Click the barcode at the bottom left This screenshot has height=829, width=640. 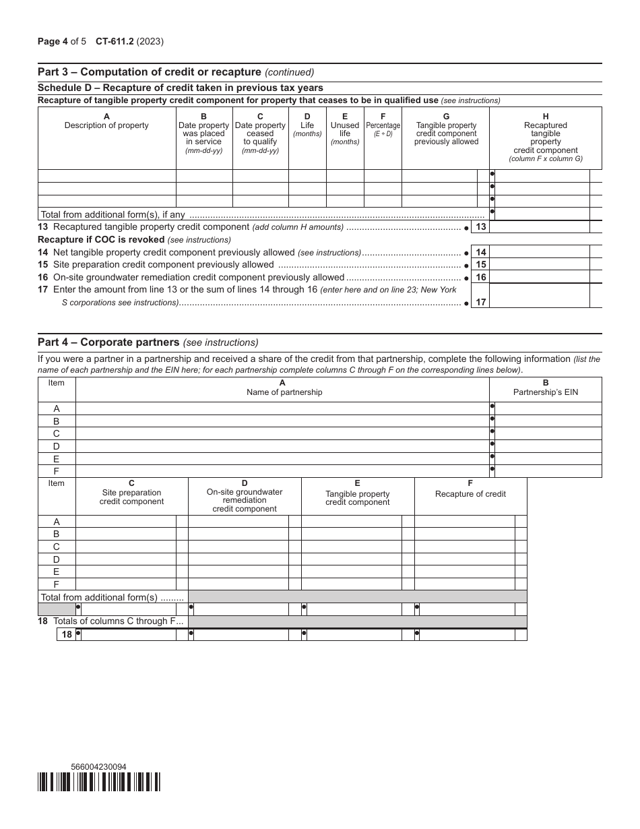point(99,782)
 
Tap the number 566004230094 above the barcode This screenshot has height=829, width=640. point(98,767)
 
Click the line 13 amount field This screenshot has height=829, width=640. point(539,227)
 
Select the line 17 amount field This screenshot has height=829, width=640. point(539,296)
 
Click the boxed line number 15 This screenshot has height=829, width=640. point(480,265)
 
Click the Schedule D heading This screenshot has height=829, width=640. point(180,88)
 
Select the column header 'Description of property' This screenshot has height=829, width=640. point(106,125)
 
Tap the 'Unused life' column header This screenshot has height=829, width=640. point(345,129)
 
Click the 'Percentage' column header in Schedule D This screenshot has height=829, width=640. point(383,126)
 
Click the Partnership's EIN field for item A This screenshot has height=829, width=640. point(547,408)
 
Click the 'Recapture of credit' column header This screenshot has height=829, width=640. point(470,494)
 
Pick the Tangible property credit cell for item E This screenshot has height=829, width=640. point(351,572)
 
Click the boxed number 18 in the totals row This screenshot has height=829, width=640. point(66,634)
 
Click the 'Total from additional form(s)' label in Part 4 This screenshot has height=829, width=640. point(112,597)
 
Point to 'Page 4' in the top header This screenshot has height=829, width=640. point(54,41)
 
